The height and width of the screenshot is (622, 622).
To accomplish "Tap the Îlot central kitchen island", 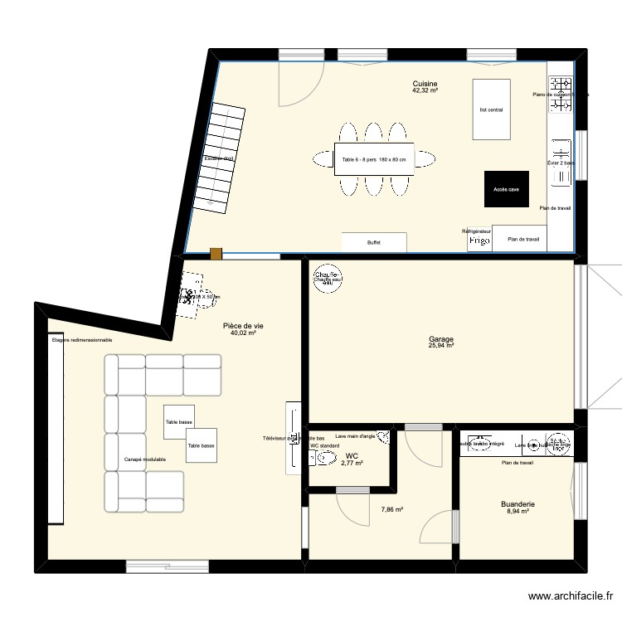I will tap(491, 109).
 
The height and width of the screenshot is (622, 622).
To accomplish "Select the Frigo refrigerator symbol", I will tap(479, 241).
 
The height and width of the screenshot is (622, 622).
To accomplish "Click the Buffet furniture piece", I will tap(374, 242).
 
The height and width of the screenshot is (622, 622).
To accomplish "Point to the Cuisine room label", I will tap(425, 84).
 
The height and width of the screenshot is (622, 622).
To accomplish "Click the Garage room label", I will tap(440, 339).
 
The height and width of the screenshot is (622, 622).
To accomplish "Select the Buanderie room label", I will tap(517, 503).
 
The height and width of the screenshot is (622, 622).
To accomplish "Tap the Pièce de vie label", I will tap(243, 326).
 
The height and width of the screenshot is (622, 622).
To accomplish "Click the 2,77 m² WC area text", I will tap(352, 464).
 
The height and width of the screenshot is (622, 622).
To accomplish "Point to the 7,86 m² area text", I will tap(391, 511).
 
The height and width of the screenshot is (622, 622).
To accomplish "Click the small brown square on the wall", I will tap(216, 255).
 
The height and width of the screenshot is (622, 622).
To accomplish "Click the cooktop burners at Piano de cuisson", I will tap(562, 85).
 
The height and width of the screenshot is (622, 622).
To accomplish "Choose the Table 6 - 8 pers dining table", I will tap(374, 160).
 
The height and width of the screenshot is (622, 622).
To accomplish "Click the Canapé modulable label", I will tap(145, 459).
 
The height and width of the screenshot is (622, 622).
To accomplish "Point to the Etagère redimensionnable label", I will tap(81, 340).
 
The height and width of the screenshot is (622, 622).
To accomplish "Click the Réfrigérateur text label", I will tap(477, 231).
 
